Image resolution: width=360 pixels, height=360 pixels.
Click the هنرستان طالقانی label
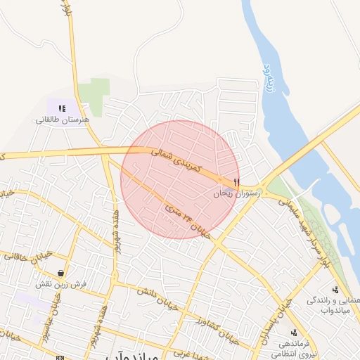pyautogui.click(x=64, y=120)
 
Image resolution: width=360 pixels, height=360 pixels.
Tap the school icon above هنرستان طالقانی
pyautogui.click(x=62, y=109)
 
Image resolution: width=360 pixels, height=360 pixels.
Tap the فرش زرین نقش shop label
pyautogui.click(x=62, y=284)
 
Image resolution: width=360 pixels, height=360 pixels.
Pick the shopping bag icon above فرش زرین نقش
pyautogui.click(x=62, y=273)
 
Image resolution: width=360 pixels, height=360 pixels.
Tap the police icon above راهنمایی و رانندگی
pyautogui.click(x=335, y=290)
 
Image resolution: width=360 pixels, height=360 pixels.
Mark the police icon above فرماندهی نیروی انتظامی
pyautogui.click(x=294, y=333)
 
